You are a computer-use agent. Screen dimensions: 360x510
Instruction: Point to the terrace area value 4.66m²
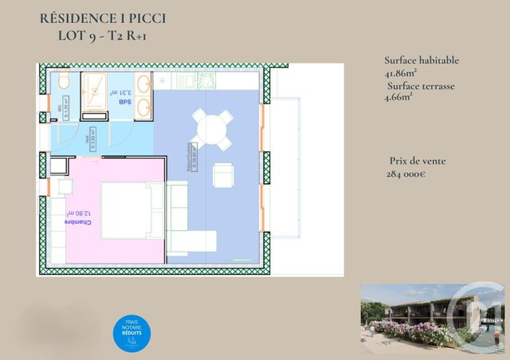tap(398, 98)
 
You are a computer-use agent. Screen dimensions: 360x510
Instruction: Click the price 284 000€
tap(406, 174)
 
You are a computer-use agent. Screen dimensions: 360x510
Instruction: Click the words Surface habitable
tap(422, 61)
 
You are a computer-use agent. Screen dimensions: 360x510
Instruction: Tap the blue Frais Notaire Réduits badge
tap(132, 334)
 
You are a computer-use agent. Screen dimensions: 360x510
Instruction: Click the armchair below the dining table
tap(223, 174)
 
